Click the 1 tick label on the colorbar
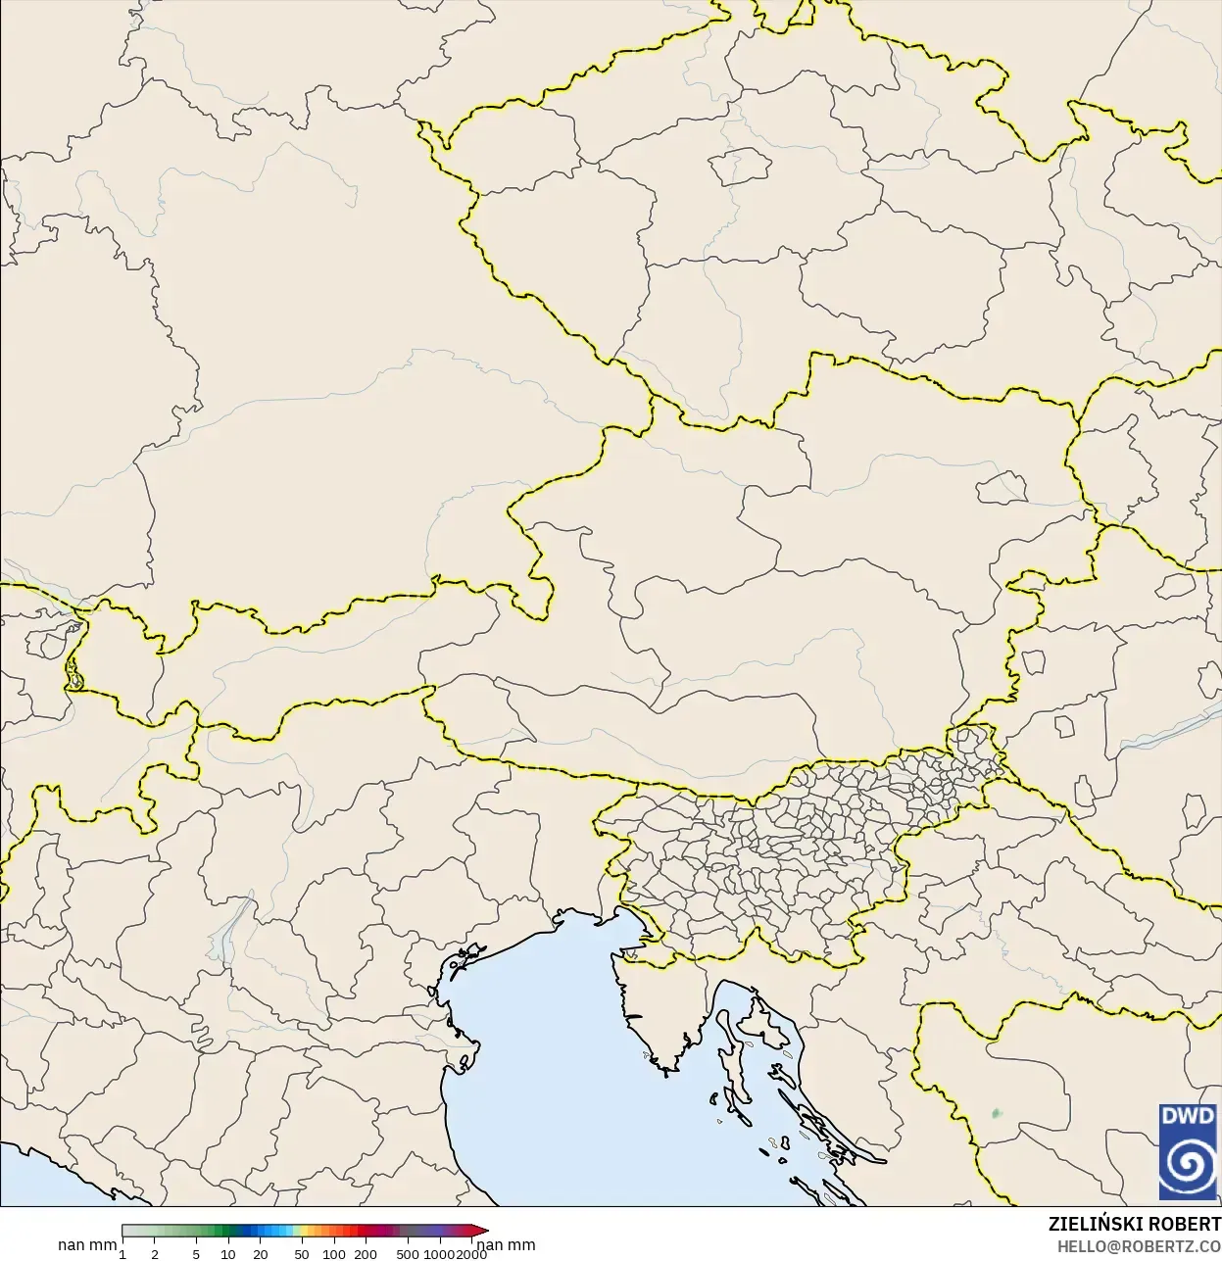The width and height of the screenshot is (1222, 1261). [x=122, y=1254]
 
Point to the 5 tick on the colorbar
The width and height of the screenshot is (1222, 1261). [x=196, y=1254]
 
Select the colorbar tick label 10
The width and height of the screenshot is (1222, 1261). [x=228, y=1254]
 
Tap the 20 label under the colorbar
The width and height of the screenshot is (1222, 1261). [x=261, y=1254]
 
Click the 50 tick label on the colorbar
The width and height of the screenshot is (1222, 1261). [x=302, y=1254]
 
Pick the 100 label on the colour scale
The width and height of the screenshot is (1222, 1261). [x=334, y=1254]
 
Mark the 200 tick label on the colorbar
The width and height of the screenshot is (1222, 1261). [x=366, y=1254]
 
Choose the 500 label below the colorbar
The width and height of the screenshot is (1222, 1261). [x=408, y=1254]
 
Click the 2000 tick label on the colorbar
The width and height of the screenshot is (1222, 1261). [x=471, y=1254]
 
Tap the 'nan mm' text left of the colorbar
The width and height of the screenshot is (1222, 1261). [x=87, y=1245]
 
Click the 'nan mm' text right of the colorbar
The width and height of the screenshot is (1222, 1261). [x=506, y=1245]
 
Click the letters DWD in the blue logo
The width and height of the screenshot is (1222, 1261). [x=1187, y=1116]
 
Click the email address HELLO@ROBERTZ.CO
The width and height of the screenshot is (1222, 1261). [x=1139, y=1246]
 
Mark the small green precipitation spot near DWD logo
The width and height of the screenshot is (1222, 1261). [x=997, y=1113]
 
